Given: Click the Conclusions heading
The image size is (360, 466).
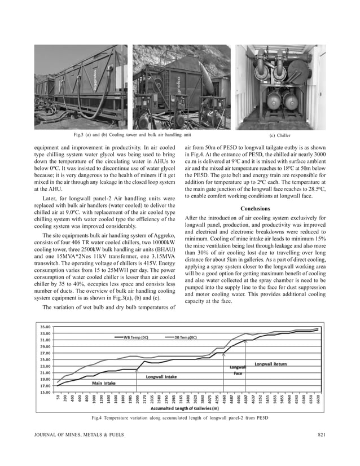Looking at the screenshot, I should (x=254, y=209).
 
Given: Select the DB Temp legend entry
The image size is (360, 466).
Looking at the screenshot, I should (x=185, y=337).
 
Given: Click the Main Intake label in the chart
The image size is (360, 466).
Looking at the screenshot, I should (x=104, y=383).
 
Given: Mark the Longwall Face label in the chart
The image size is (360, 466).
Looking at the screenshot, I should (x=238, y=370).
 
